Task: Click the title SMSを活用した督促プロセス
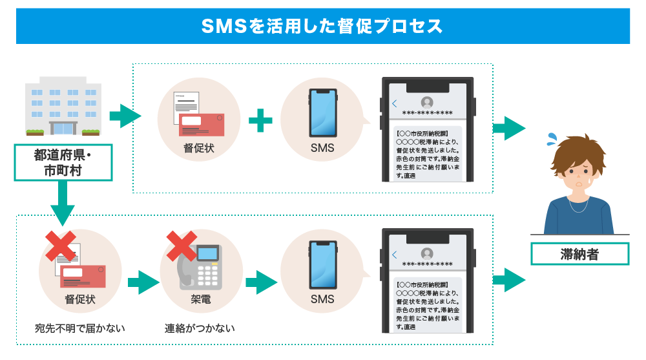tap(322, 26)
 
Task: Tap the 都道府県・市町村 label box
tap(63, 163)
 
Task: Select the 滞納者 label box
tap(579, 254)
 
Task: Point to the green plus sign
tap(260, 120)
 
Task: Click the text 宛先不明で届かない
tap(79, 328)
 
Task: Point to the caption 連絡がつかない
tap(200, 328)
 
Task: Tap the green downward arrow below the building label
tap(62, 202)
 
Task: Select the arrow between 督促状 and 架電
tap(143, 282)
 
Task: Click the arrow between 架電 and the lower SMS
tap(261, 282)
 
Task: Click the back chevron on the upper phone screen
tap(395, 104)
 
